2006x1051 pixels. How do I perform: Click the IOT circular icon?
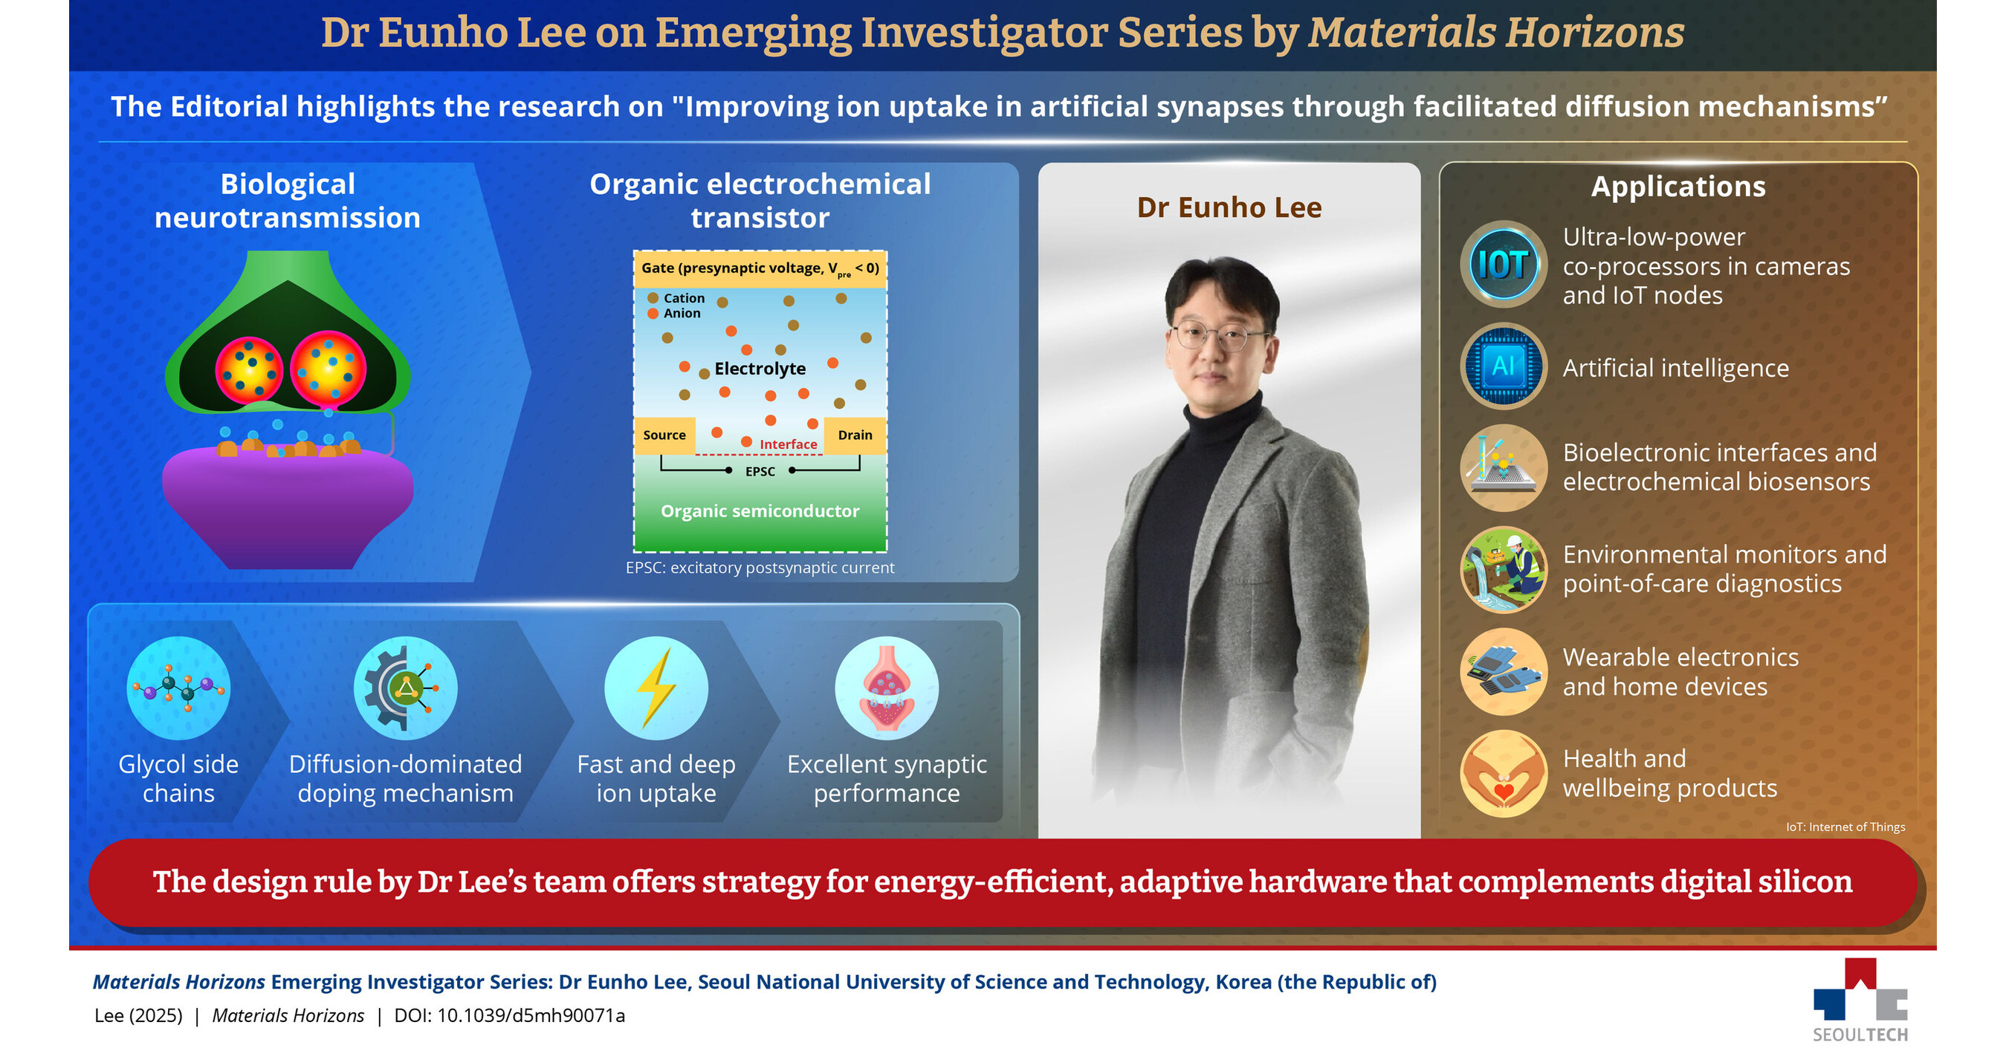click(x=1503, y=265)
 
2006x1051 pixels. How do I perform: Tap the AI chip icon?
click(x=1503, y=366)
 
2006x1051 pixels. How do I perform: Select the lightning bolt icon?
click(x=656, y=688)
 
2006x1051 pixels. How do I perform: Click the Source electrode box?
click(x=664, y=436)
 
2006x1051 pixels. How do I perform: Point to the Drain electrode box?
click(x=855, y=436)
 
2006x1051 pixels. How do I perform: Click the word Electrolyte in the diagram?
click(x=760, y=368)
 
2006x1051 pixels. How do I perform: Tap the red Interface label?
click(x=788, y=444)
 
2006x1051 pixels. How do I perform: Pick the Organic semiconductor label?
click(x=760, y=511)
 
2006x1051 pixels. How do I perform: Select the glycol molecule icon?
click(x=178, y=688)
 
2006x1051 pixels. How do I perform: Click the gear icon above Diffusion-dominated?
click(x=405, y=688)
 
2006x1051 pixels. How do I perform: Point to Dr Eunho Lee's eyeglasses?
click(x=1220, y=336)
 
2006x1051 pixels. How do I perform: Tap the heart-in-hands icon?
click(x=1503, y=773)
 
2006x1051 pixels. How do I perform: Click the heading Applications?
click(x=1678, y=187)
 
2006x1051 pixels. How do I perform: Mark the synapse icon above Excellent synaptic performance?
click(x=886, y=688)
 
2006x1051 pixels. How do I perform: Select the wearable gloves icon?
click(x=1503, y=671)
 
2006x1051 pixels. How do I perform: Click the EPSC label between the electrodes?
click(x=760, y=472)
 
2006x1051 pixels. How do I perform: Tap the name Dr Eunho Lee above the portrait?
click(x=1229, y=208)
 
